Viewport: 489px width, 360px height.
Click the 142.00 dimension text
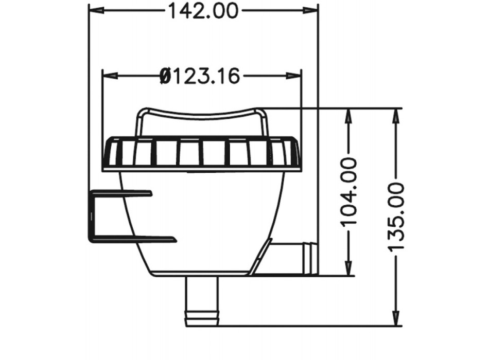pyautogui.click(x=204, y=10)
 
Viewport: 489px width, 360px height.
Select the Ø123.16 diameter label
pyautogui.click(x=200, y=77)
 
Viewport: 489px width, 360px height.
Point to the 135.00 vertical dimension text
pyautogui.click(x=397, y=216)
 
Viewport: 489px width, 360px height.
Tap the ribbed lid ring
pyautogui.click(x=201, y=154)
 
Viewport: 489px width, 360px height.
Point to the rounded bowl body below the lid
pyautogui.click(x=201, y=221)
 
